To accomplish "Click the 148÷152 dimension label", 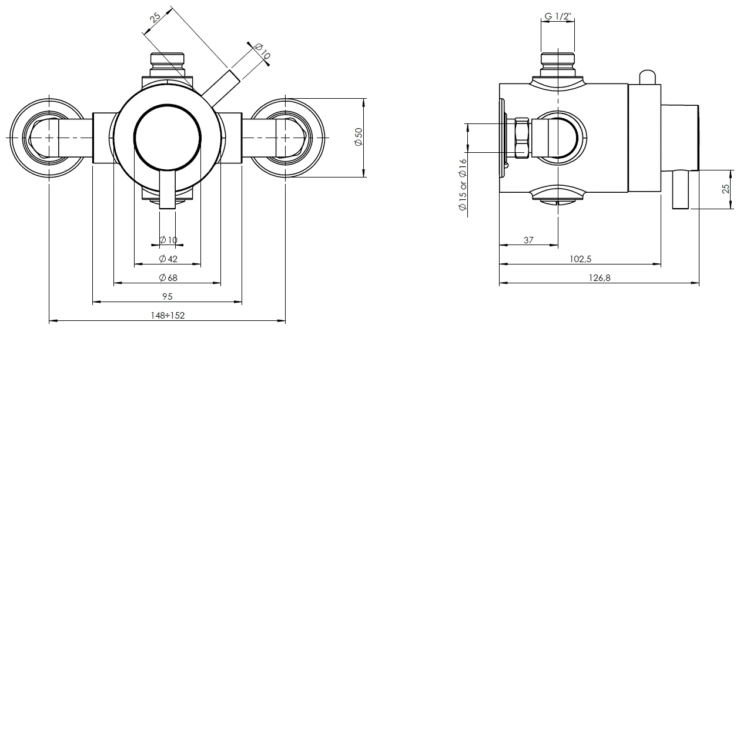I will tap(168, 316).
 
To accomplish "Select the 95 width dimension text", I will tap(168, 297).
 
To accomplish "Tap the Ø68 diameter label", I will tap(168, 278).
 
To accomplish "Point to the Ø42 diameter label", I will tap(168, 259).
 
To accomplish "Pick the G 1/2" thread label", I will tap(557, 16).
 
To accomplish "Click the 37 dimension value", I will tap(528, 240).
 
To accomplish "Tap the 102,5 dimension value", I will tap(580, 259).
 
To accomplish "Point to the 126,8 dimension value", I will tap(600, 278).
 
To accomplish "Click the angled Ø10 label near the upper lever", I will tap(263, 52).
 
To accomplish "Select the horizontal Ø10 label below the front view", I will tap(168, 240).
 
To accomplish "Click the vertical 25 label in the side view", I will tap(726, 189).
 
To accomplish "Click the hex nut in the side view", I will tap(522, 138).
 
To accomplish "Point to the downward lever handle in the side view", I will tap(681, 189).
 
